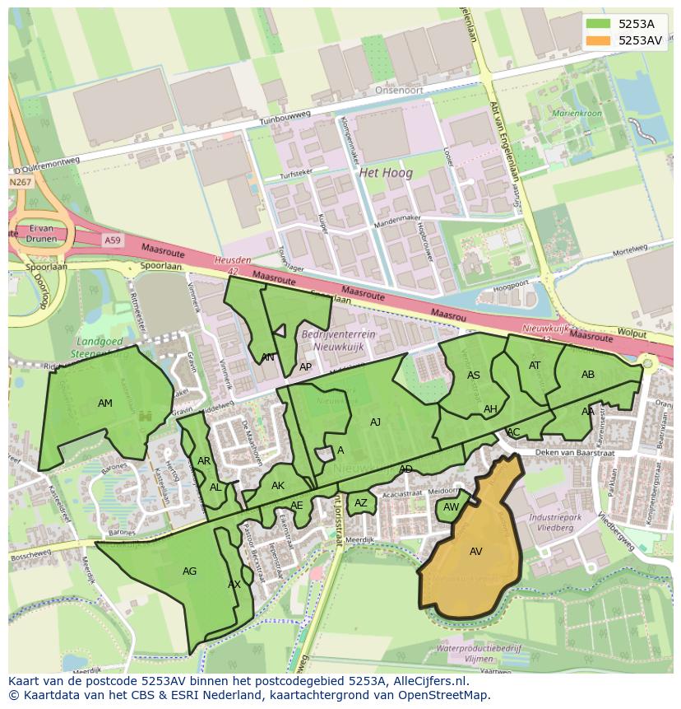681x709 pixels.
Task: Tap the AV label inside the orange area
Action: coord(475,552)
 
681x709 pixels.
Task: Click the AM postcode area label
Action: coord(105,403)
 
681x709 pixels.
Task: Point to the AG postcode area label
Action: coord(189,571)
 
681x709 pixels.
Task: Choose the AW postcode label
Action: coord(451,507)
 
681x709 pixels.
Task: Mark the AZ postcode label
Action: coord(361,503)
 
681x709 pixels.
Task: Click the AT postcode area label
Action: coord(535,366)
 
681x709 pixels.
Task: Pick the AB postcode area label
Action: coord(588,375)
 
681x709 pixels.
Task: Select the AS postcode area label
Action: coord(474,375)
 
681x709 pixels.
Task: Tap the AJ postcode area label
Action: coord(375,422)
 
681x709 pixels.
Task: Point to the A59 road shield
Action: coord(112,239)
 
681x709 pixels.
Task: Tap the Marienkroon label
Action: coord(577,113)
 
